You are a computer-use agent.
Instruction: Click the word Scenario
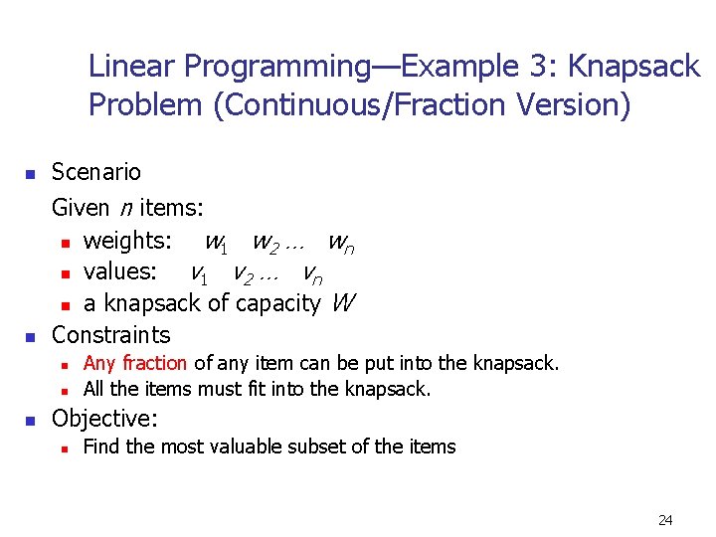coord(96,172)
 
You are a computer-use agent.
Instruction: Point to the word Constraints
coord(110,334)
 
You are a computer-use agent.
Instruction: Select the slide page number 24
coord(665,519)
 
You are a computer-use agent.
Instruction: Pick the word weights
coord(126,241)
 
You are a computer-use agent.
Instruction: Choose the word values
coord(119,271)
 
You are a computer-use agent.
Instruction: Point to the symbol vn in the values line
coord(311,272)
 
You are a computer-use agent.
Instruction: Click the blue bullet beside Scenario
coord(30,174)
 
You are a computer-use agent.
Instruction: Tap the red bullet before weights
coord(65,243)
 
